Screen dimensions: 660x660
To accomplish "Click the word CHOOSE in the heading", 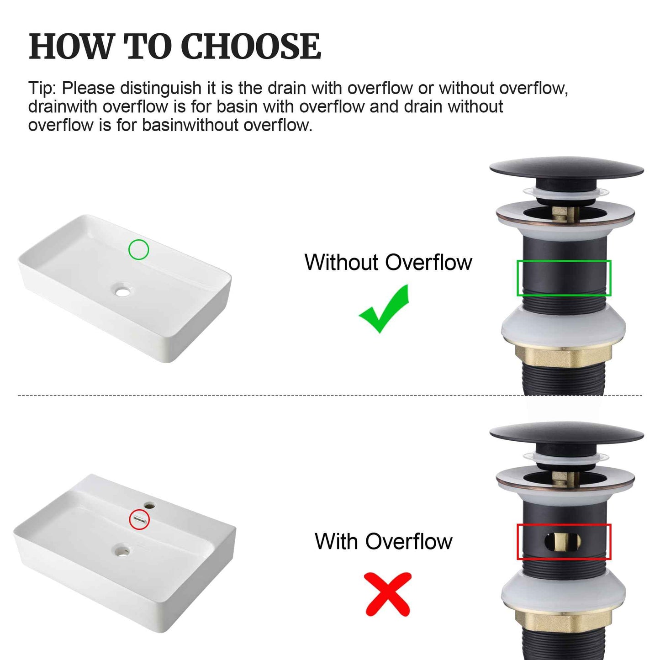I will coord(251,46).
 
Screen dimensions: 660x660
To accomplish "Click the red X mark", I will coord(388,594).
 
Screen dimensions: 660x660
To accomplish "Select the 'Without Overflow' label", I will coord(388,263).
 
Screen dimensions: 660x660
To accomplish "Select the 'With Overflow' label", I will coord(383,542).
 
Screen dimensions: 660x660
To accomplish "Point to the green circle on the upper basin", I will coord(138,250).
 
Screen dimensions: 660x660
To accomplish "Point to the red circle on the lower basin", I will coord(139,520).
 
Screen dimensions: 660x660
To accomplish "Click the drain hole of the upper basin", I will coord(123,290).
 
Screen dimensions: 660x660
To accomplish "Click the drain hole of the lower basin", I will coord(122,550).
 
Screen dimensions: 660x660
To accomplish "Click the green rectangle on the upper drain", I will coord(564,278).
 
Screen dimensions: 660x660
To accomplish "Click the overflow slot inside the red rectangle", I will coord(563,542).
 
